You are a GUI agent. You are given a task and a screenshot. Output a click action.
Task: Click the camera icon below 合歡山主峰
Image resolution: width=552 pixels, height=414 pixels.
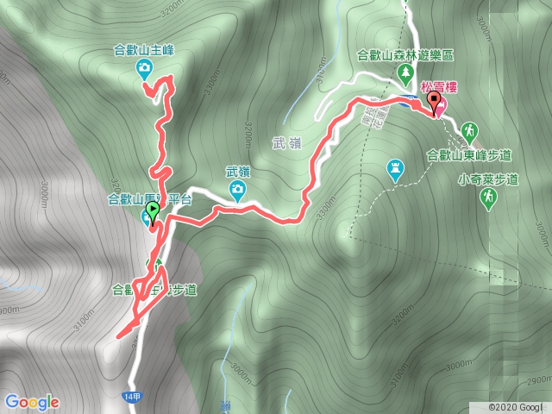coord(145,67)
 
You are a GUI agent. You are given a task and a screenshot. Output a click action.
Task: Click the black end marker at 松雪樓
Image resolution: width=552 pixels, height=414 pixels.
coord(433,105)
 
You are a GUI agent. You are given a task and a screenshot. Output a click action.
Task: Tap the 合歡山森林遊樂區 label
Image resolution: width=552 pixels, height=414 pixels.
coord(405,55)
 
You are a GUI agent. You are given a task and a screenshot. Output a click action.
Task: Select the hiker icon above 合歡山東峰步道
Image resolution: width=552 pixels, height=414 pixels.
coord(469,131)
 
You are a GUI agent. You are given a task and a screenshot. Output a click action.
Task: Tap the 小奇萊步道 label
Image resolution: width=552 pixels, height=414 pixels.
coord(488,179)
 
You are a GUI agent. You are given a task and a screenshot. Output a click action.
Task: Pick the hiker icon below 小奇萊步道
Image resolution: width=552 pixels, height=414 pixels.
coord(488,198)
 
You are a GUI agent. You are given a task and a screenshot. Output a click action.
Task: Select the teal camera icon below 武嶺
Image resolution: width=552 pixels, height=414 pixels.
coord(237,189)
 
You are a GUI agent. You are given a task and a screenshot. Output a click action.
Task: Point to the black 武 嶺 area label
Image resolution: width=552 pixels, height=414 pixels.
coord(289,143)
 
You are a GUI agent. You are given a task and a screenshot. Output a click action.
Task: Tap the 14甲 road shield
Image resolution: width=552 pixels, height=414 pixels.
coord(129,394)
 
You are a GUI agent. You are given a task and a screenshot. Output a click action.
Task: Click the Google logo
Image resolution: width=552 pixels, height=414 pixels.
coord(31,402)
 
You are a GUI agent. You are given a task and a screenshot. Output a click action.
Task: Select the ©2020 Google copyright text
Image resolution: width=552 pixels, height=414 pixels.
coord(516,406)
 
